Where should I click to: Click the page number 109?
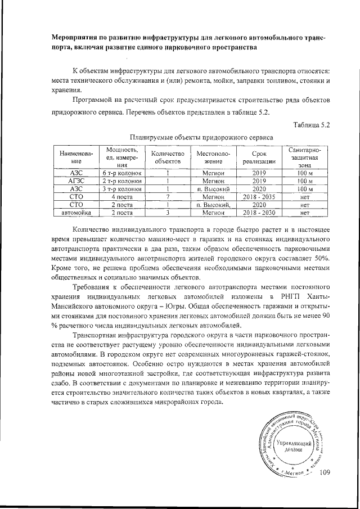tap(326, 472)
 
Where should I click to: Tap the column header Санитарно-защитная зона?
tap(304, 157)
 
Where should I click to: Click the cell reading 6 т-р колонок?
tap(121, 173)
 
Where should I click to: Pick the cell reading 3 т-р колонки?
tap(121, 190)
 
